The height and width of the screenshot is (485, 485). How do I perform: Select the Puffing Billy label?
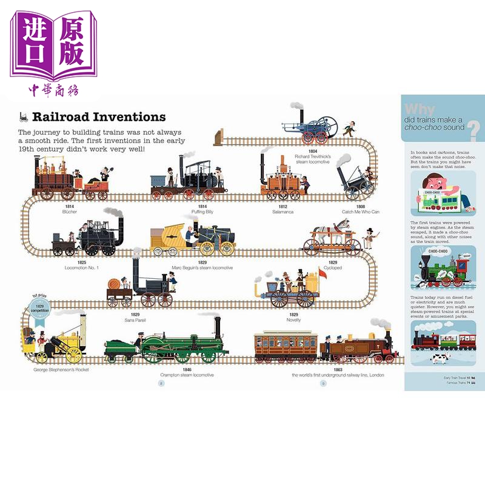point(181,212)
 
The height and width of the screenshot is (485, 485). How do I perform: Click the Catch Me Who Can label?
point(360,212)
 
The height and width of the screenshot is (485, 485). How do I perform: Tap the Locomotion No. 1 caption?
point(82,267)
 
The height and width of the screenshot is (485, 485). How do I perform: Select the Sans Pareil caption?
point(135,319)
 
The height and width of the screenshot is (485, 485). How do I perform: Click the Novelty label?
point(293,319)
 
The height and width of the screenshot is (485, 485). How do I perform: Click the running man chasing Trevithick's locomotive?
point(347,129)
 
